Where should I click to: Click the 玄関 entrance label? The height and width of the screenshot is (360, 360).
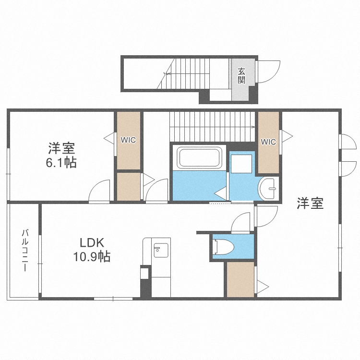pyautogui.click(x=241, y=76)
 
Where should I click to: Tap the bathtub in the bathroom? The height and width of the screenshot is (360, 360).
pyautogui.click(x=199, y=157)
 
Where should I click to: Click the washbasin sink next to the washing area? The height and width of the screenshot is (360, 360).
pyautogui.click(x=269, y=189)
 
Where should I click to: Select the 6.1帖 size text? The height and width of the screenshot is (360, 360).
pyautogui.click(x=61, y=163)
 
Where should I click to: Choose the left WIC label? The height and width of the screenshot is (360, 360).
pyautogui.click(x=128, y=140)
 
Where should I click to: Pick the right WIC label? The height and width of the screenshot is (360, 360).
pyautogui.click(x=268, y=142)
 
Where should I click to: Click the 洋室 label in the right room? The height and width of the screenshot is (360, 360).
pyautogui.click(x=310, y=204)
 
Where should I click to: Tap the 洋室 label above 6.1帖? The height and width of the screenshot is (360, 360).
pyautogui.click(x=61, y=147)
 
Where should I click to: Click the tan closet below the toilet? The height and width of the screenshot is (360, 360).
pyautogui.click(x=240, y=279)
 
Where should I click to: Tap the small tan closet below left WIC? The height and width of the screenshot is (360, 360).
pyautogui.click(x=128, y=186)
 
